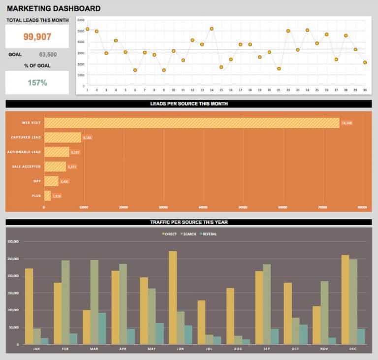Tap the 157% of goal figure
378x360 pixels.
[37, 83]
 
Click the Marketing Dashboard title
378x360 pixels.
[53, 8]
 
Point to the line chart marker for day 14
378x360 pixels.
[212, 29]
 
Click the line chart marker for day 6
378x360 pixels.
[135, 70]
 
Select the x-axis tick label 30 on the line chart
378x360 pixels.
[365, 90]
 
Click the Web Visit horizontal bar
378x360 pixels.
[191, 123]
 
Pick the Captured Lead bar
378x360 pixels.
[63, 137]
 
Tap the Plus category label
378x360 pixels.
[36, 196]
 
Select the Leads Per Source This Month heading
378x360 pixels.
[189, 104]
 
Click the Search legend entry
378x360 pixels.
[189, 234]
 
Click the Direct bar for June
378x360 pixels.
[173, 297]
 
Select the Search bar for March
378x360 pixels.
[94, 302]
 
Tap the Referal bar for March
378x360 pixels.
[102, 328]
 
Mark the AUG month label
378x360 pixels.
[237, 349]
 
